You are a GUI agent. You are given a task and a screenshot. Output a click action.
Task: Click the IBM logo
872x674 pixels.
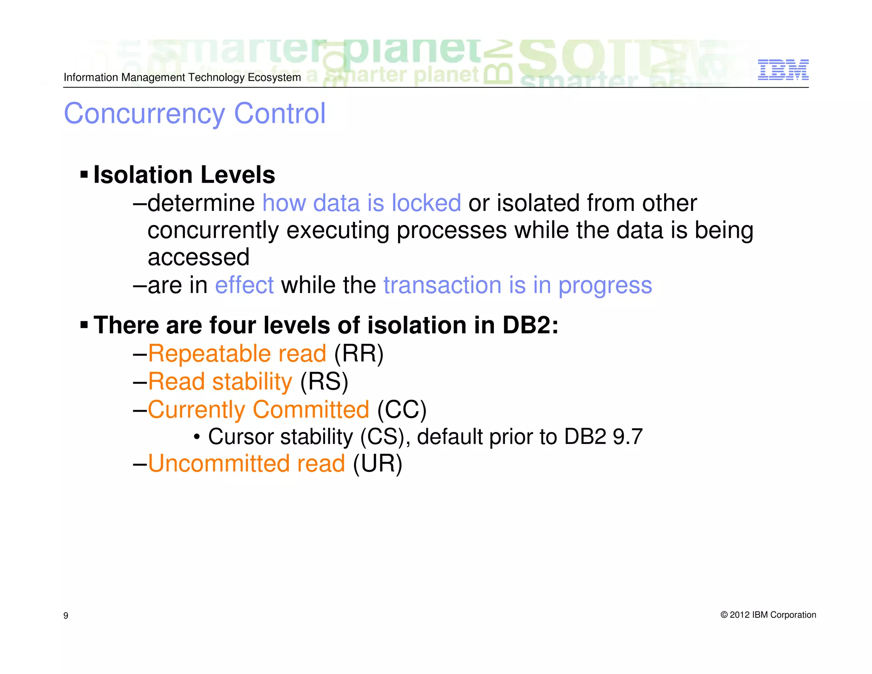(783, 70)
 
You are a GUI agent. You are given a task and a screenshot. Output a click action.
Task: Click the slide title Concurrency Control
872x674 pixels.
(195, 114)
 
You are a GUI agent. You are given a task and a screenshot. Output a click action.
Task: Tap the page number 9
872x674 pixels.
(66, 615)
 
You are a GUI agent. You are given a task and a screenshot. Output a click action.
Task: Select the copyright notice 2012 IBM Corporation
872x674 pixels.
(768, 615)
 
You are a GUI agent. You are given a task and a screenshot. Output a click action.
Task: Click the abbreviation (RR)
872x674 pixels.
(359, 354)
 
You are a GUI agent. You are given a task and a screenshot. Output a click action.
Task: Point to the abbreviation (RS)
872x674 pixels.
(324, 381)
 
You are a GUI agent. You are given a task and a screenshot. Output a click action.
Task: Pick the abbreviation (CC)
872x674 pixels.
(402, 409)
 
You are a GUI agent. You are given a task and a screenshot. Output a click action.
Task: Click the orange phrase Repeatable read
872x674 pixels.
(237, 354)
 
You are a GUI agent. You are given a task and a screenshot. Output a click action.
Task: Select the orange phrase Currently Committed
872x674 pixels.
(258, 409)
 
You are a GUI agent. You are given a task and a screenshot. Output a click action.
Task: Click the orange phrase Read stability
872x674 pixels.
(220, 381)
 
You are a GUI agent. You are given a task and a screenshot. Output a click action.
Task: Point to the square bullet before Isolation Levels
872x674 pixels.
(84, 174)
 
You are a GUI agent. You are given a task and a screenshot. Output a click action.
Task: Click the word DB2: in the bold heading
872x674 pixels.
(530, 325)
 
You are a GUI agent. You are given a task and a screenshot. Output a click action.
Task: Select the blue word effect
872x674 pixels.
(244, 285)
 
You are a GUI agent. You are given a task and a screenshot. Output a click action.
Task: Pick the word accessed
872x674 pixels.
(198, 257)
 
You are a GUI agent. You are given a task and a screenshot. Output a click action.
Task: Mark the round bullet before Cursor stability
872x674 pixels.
(197, 437)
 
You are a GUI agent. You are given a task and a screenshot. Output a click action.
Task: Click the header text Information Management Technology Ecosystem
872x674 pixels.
(182, 78)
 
